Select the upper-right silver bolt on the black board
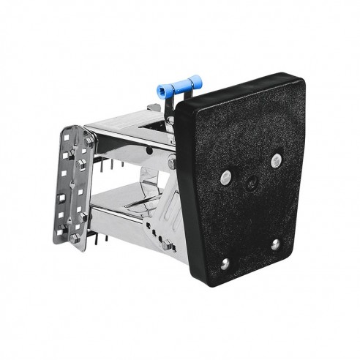276,160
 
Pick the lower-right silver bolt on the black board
275,245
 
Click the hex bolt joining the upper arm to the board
171,163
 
